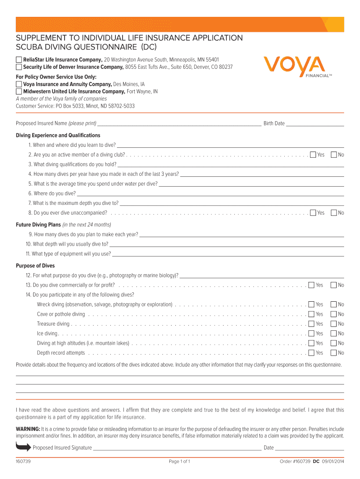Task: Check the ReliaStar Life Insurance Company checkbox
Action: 19,60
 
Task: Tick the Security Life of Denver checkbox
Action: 19,67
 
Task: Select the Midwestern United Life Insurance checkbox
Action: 19,92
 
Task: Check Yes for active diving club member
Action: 313,155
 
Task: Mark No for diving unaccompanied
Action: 334,213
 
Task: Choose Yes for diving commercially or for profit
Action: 311,285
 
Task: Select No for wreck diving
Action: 334,305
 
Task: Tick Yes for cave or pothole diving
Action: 311,314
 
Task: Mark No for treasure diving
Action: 334,324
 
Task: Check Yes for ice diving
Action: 311,334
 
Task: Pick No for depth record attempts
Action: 334,353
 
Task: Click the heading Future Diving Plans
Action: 38,225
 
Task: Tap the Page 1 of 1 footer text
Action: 180,462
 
